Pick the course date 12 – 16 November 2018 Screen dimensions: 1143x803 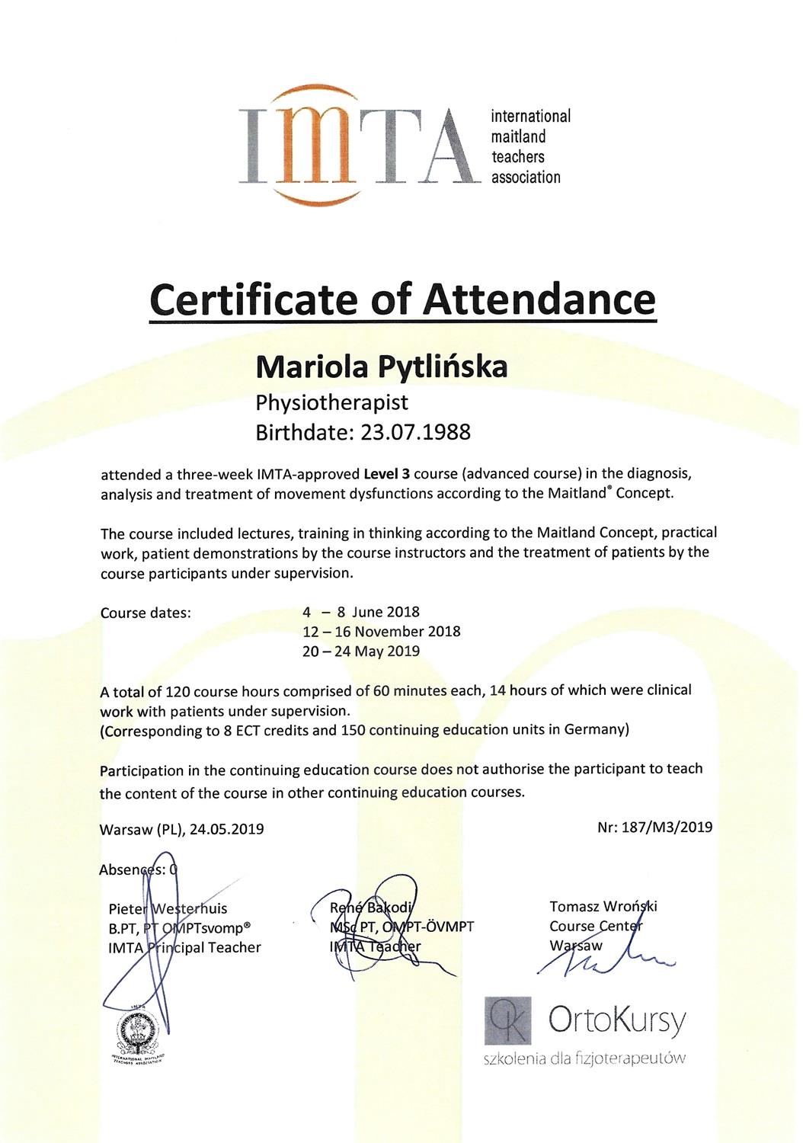382,632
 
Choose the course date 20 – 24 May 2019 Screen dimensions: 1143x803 361,652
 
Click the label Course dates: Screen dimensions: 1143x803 146,613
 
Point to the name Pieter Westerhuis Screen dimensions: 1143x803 168,908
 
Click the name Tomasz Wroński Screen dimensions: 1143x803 603,906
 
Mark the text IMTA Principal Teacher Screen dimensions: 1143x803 184,947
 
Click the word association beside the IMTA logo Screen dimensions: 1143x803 526,178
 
